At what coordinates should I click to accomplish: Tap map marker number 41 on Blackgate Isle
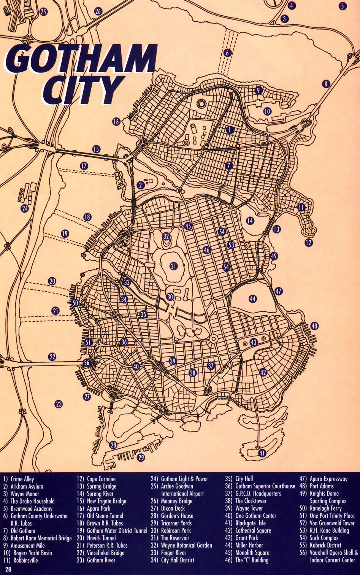[x=262, y=453]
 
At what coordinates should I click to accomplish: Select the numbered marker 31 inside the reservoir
[x=173, y=266]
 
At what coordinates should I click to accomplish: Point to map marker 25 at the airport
[x=43, y=12]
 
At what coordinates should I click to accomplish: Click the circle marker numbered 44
[x=253, y=299]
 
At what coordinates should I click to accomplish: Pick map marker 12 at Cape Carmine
[x=308, y=242]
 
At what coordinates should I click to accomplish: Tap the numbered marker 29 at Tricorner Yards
[x=141, y=457]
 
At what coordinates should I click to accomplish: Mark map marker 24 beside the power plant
[x=25, y=208]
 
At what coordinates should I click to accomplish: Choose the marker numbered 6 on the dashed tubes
[x=227, y=53]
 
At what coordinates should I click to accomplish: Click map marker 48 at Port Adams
[x=314, y=326]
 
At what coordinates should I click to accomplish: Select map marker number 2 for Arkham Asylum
[x=140, y=185]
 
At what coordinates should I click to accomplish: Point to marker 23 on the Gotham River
[x=58, y=404]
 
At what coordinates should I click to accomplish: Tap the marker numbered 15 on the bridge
[x=96, y=149]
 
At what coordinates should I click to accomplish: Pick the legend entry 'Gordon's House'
[x=177, y=516]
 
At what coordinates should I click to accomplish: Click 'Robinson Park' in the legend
[x=176, y=531]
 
